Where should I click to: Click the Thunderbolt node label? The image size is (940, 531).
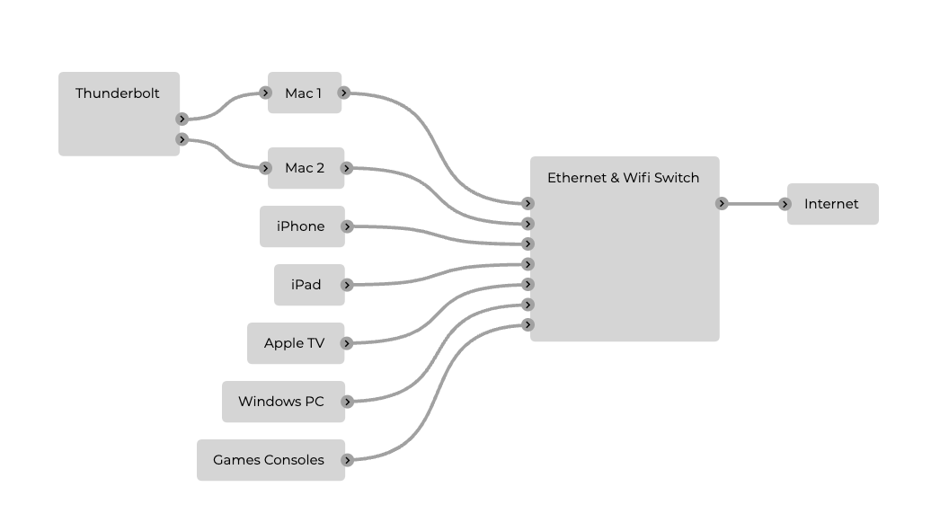click(118, 93)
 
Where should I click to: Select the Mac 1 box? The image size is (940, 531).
click(304, 93)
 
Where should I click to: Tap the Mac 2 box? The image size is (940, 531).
click(305, 168)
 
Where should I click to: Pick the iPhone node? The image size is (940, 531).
click(301, 226)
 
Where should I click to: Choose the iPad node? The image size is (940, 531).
click(306, 285)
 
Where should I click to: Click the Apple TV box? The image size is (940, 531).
click(295, 343)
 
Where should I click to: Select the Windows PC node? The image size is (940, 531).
click(281, 402)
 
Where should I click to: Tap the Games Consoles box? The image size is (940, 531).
click(269, 460)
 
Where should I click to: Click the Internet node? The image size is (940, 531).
click(831, 204)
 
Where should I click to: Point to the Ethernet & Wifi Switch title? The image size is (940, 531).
click(623, 178)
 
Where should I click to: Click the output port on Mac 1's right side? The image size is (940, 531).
click(344, 93)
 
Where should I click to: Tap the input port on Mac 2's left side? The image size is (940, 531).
click(265, 168)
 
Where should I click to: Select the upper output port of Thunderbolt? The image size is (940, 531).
click(182, 119)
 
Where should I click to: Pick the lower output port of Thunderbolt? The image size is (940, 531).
click(182, 139)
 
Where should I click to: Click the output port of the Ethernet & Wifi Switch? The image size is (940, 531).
click(722, 204)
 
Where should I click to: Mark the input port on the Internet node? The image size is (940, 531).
click(785, 204)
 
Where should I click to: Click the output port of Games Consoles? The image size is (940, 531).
click(347, 460)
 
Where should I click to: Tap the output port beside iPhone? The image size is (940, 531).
click(347, 226)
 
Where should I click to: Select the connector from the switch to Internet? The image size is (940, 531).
click(753, 204)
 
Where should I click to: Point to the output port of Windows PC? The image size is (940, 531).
click(347, 402)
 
